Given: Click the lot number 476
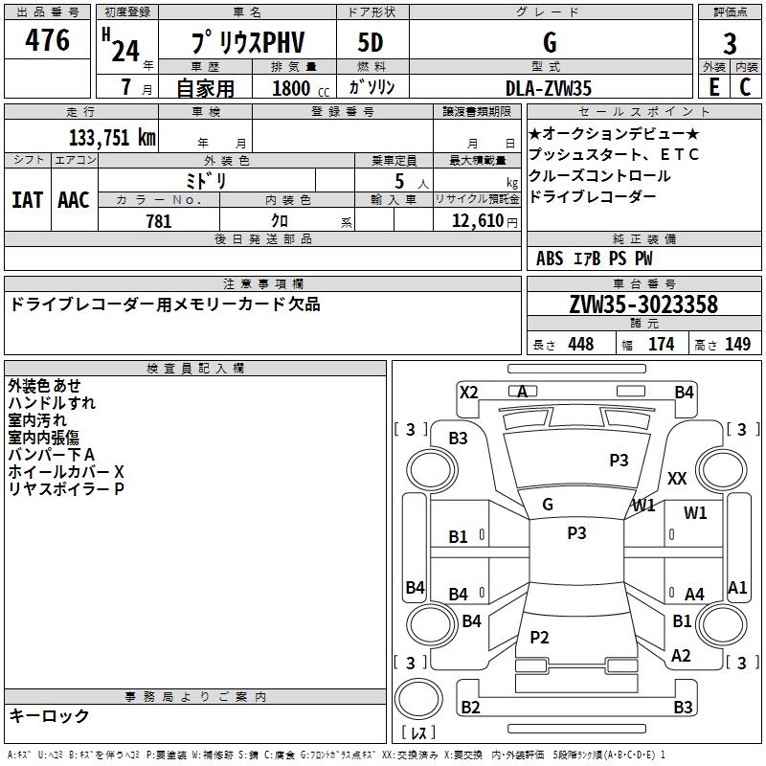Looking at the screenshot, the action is pyautogui.click(x=49, y=41).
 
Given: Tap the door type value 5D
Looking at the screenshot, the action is pyautogui.click(x=371, y=43).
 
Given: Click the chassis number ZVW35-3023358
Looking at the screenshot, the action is pyautogui.click(x=643, y=305).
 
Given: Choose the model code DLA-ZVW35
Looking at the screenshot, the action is pyautogui.click(x=549, y=87).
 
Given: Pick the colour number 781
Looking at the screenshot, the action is pyautogui.click(x=159, y=221).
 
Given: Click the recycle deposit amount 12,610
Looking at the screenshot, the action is pyautogui.click(x=475, y=221).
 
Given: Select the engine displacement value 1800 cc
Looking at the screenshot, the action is pyautogui.click(x=292, y=88).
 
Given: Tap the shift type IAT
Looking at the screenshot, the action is pyautogui.click(x=27, y=200).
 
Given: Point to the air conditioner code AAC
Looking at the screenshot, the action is pyautogui.click(x=74, y=200).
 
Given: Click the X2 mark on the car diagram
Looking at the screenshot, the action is pyautogui.click(x=469, y=392).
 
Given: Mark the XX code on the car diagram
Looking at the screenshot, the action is pyautogui.click(x=677, y=478).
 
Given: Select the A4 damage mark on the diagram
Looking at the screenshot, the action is pyautogui.click(x=694, y=595).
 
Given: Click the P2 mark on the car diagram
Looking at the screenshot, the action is pyautogui.click(x=539, y=637).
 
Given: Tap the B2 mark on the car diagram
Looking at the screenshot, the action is pyautogui.click(x=470, y=708).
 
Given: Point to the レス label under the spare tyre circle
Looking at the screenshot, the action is pyautogui.click(x=418, y=734).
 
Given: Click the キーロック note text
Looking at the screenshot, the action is pyautogui.click(x=49, y=715).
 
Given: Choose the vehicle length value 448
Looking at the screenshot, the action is pyautogui.click(x=580, y=344).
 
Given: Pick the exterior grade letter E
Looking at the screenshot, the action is pyautogui.click(x=713, y=87).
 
